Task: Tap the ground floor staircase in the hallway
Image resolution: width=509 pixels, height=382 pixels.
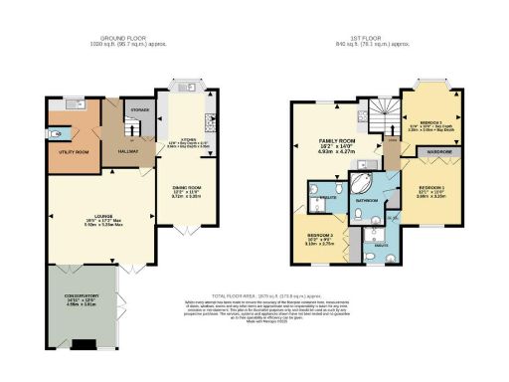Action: click(128, 124)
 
